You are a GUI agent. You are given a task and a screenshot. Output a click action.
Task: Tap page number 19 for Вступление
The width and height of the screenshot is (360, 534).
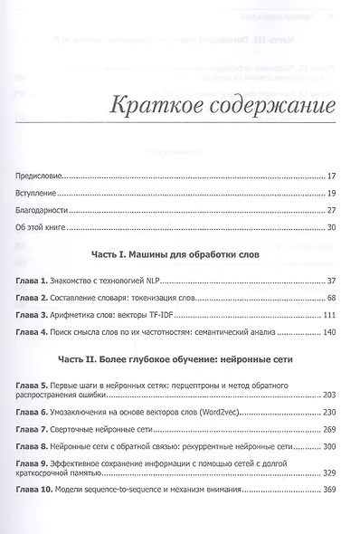[332, 195]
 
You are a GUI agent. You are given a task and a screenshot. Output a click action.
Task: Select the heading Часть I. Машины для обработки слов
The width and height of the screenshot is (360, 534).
[179, 257]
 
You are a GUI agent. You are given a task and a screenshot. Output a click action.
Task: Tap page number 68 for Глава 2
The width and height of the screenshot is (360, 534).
[332, 299]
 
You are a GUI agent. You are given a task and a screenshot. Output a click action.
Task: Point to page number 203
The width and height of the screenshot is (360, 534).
[330, 396]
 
